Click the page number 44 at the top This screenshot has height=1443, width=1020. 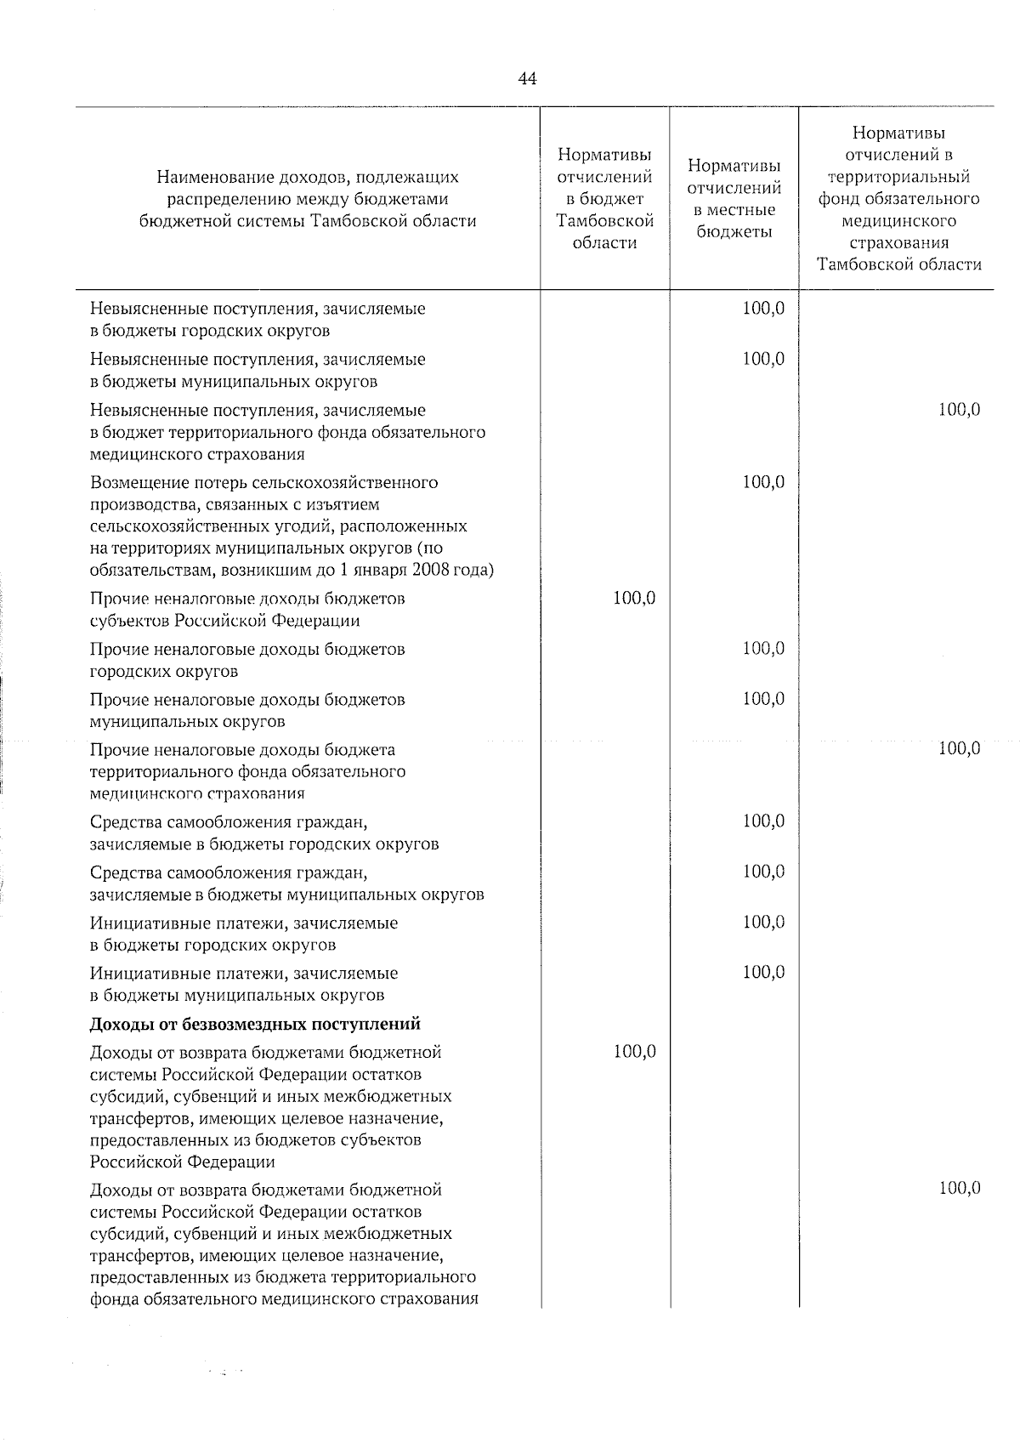click(x=526, y=79)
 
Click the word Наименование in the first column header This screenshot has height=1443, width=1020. click(x=209, y=178)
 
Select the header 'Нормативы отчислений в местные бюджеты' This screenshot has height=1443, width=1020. click(x=734, y=199)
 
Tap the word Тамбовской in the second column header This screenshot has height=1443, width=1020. click(x=604, y=221)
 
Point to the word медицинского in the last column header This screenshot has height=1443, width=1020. click(x=898, y=221)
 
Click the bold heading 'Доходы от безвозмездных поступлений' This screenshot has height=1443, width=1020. click(x=256, y=1024)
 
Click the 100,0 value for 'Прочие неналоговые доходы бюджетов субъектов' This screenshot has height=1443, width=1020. click(x=634, y=599)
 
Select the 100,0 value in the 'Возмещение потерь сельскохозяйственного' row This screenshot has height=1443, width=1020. click(x=763, y=482)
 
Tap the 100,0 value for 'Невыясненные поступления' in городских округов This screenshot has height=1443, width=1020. click(x=763, y=309)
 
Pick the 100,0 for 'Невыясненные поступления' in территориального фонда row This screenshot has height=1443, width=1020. click(x=960, y=410)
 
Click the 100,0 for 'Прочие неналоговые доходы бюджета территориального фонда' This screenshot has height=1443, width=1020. click(x=960, y=748)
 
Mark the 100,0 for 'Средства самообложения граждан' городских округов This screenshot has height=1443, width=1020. click(x=763, y=821)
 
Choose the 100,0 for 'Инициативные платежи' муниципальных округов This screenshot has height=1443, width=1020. click(x=763, y=972)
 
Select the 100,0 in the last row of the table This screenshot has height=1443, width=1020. click(x=960, y=1189)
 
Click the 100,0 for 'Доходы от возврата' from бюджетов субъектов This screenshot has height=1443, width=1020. click(x=634, y=1052)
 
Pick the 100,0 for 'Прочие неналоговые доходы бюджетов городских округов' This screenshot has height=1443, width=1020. click(x=763, y=649)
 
